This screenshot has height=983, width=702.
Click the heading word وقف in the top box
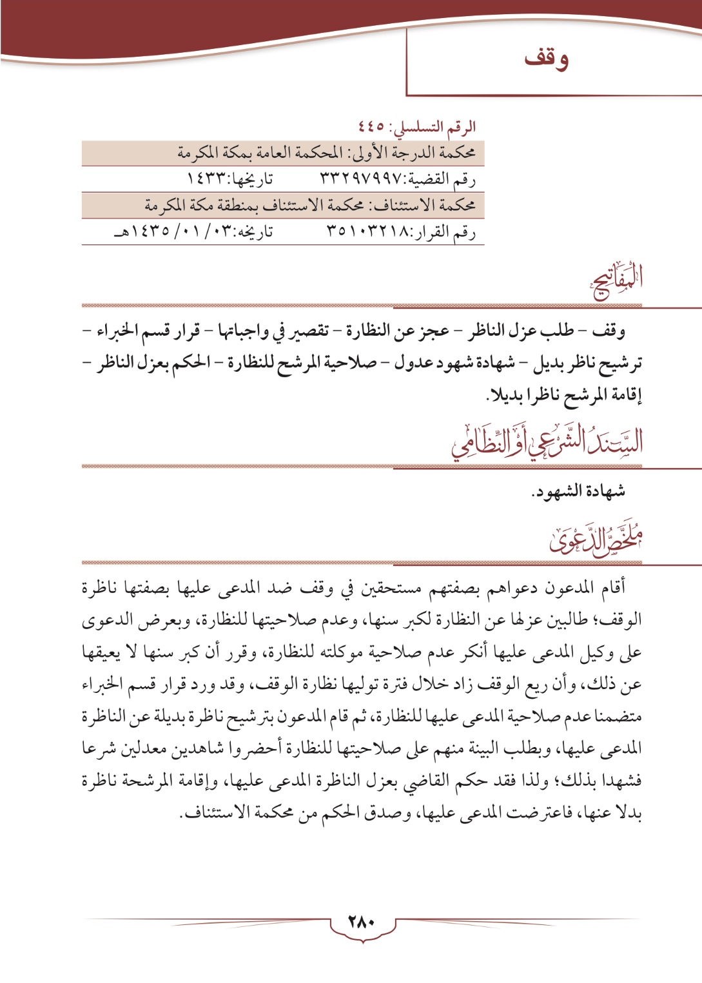[x=546, y=59]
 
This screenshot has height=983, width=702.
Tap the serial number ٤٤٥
[x=372, y=126]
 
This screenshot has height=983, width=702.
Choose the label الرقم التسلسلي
[x=439, y=126]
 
